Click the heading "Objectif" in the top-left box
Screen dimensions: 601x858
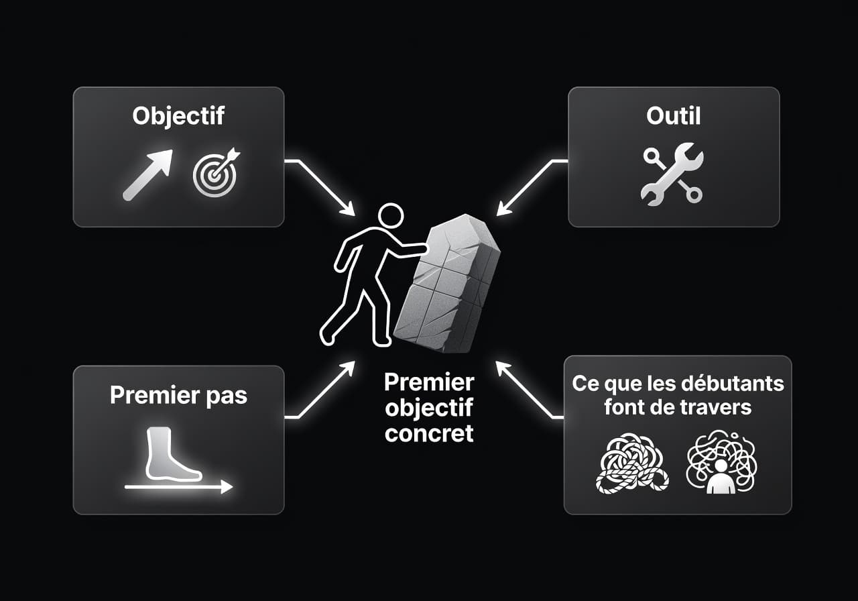point(178,115)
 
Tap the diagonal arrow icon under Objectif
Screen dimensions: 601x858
point(148,174)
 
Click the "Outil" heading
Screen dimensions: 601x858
point(673,115)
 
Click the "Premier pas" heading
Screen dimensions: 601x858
point(178,395)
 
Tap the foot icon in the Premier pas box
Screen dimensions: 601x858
point(172,455)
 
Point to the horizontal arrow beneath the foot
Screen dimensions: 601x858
point(178,488)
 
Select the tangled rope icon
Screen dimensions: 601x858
point(630,462)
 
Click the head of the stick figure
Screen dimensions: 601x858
point(390,217)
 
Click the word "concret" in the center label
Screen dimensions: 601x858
point(429,433)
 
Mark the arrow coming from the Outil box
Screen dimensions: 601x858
point(530,188)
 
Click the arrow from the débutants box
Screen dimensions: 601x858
point(530,390)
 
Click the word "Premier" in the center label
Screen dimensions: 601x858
point(429,382)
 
